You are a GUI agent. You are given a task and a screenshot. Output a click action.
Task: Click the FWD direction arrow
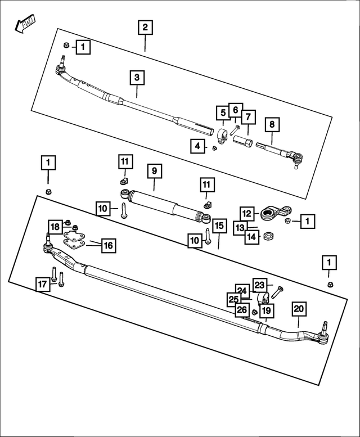point(24,24)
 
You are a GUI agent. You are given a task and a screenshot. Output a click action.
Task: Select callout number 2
point(145,27)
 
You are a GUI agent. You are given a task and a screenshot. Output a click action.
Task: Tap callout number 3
point(136,77)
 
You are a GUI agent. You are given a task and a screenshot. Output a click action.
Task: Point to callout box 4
point(196,146)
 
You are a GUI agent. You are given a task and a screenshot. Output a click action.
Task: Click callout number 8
point(272,123)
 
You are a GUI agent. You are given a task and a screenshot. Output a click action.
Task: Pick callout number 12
point(246,213)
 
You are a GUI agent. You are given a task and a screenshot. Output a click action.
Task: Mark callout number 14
point(252,237)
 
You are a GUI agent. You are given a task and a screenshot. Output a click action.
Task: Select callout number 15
point(219,226)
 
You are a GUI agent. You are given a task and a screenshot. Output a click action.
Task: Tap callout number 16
point(108,245)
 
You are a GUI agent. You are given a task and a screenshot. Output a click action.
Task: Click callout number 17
point(42,285)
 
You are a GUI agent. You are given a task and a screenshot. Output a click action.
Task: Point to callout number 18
point(55,227)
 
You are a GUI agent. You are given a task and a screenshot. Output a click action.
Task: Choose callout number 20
point(299,309)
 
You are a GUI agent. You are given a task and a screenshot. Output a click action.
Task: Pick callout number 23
point(259,285)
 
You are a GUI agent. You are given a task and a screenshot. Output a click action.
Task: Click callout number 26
point(241,309)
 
